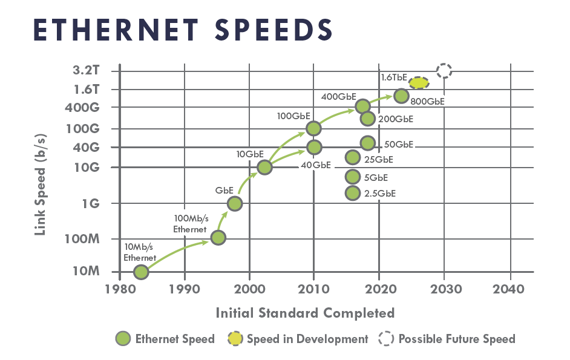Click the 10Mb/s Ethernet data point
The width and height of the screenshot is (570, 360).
coord(141,272)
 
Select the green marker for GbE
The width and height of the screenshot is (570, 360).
coord(235,203)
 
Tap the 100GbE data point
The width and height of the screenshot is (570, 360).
coord(313,128)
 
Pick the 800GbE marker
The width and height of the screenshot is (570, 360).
coord(401,96)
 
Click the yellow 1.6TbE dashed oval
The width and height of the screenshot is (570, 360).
coord(419,83)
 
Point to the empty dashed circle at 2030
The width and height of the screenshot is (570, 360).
coord(444,70)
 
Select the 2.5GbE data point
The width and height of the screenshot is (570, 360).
coord(352,193)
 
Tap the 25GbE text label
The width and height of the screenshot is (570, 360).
coord(379,160)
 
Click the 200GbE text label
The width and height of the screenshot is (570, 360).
coord(396,119)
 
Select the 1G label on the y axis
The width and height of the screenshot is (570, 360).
coord(90,203)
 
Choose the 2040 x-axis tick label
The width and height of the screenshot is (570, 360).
coord(509,289)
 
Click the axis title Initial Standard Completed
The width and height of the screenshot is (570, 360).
coord(305,313)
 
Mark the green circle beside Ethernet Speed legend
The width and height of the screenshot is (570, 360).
coord(123,339)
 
